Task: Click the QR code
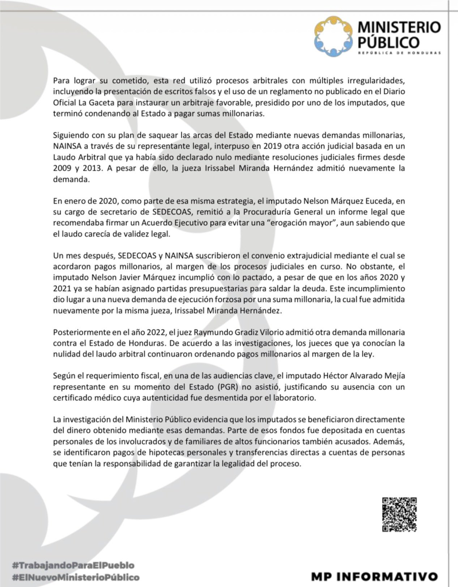coord(399,514)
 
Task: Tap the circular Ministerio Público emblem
coord(334,36)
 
